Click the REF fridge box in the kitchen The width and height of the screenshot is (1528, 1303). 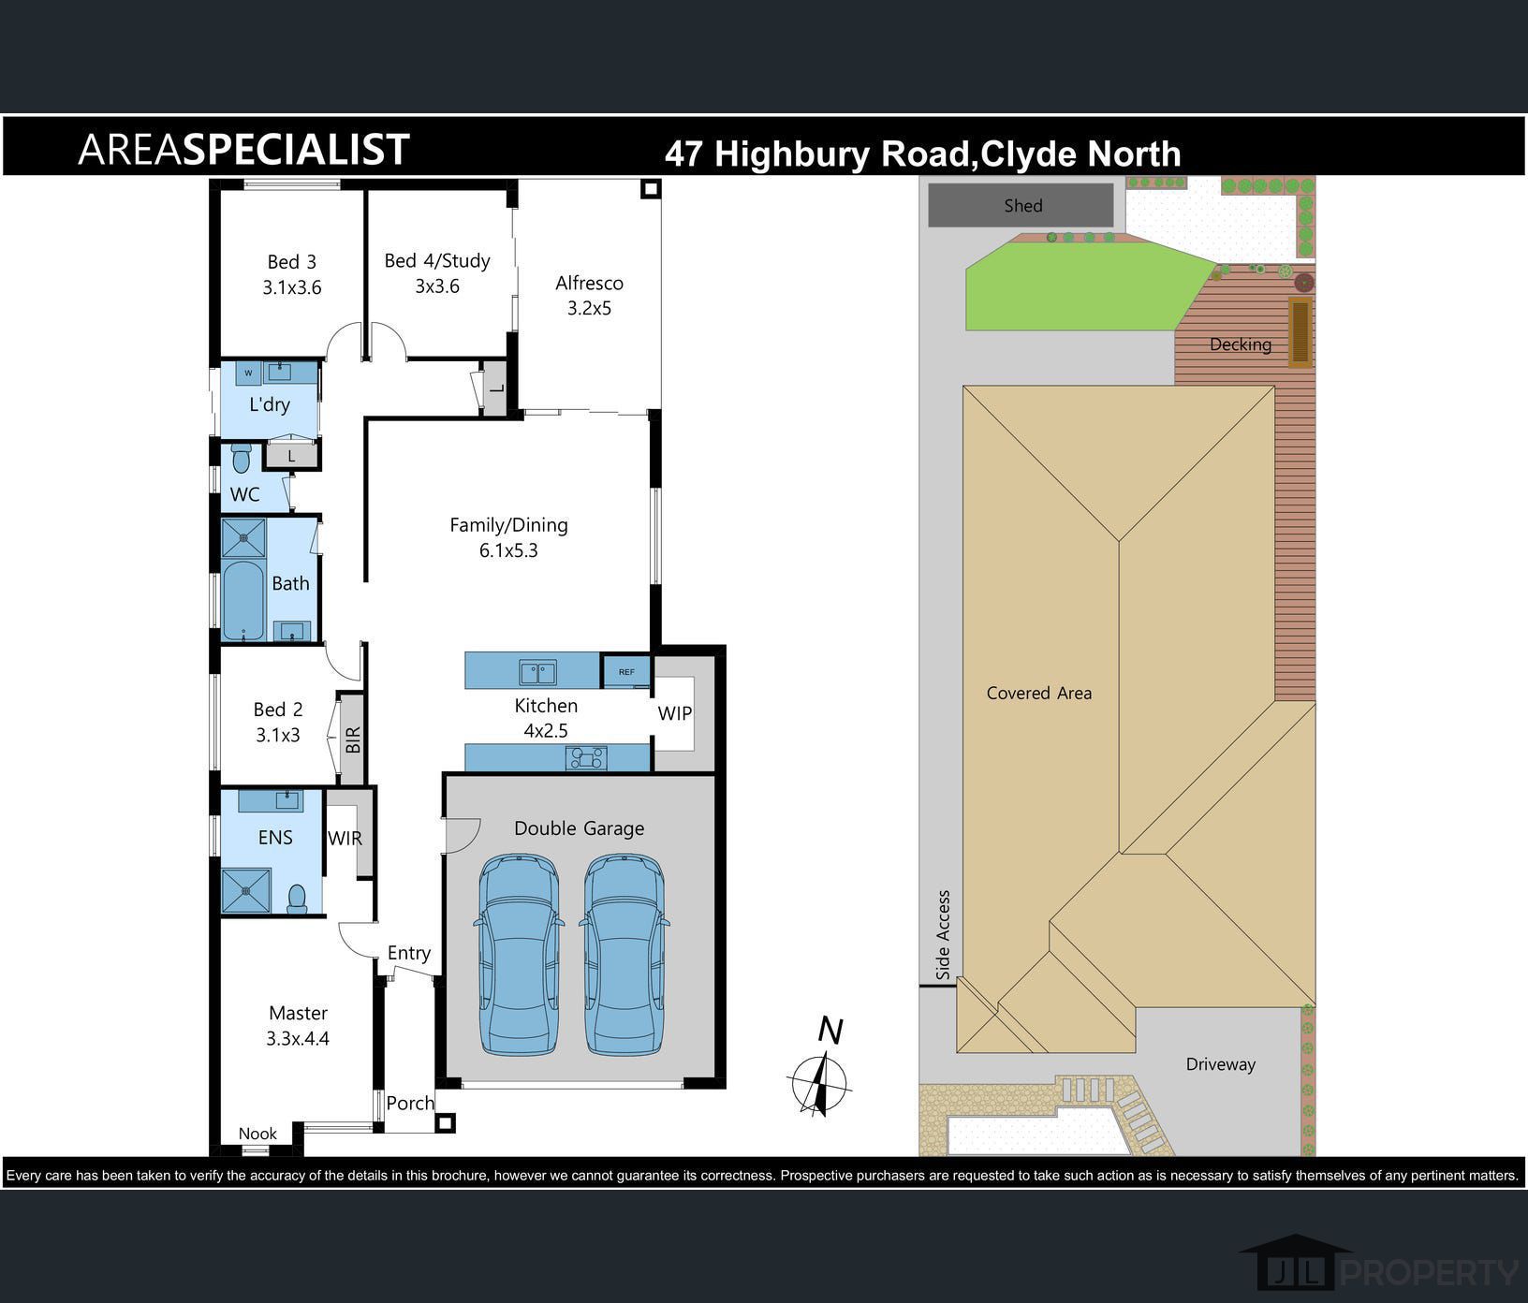click(625, 671)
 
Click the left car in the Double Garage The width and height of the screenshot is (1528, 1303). click(519, 954)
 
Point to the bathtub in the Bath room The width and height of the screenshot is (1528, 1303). click(243, 600)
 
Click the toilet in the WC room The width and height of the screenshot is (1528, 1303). click(242, 459)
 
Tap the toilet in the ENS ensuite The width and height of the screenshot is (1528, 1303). click(298, 899)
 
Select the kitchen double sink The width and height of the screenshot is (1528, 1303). click(538, 672)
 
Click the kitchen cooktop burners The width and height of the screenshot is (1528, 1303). click(586, 757)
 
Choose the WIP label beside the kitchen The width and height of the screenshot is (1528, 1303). click(675, 713)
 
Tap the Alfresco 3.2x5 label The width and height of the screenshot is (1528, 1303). click(589, 295)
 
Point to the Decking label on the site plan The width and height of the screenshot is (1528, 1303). click(1241, 344)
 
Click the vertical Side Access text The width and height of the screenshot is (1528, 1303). click(943, 935)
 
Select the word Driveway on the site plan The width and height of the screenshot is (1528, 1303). click(1220, 1064)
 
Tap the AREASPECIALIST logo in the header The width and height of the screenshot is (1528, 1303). click(243, 149)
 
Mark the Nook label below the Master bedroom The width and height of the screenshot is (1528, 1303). click(257, 1134)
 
